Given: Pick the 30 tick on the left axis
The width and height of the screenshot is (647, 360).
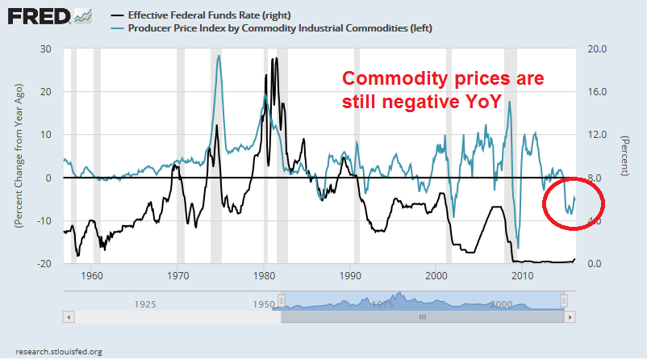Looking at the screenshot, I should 47,48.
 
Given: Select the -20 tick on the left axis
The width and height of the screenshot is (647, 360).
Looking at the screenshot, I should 44,264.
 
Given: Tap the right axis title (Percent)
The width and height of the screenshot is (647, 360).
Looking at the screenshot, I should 624,156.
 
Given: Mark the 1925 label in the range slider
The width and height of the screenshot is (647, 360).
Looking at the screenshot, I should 145,305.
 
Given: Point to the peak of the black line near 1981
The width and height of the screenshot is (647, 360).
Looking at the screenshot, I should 275,58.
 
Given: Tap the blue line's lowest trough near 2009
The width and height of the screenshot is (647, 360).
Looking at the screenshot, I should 517,247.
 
